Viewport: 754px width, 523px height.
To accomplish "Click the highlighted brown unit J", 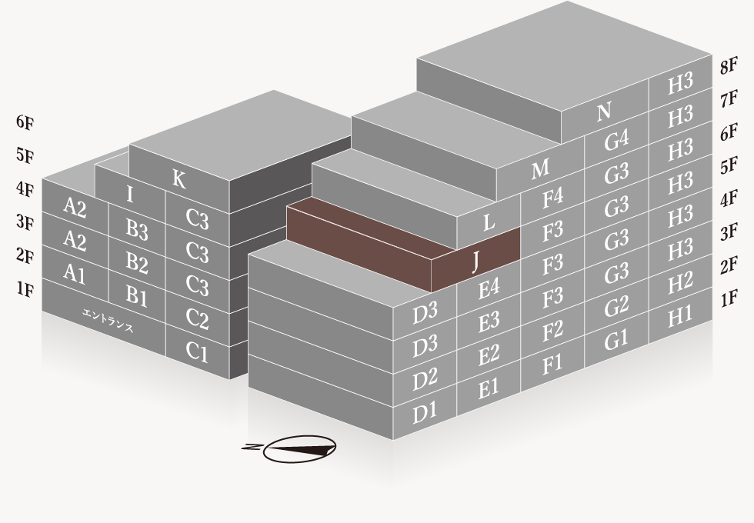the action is click(475, 261).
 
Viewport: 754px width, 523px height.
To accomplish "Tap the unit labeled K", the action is click(178, 179).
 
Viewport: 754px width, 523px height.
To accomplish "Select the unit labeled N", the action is click(604, 112).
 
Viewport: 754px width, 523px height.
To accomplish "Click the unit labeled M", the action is click(540, 168).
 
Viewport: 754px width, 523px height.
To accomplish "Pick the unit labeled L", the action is click(488, 222).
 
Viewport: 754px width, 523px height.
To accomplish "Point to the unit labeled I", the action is click(130, 194).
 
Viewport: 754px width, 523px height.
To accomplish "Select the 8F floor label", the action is click(729, 66).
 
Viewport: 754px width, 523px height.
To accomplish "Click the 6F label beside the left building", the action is click(25, 122).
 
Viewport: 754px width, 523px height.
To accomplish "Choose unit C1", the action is click(197, 351).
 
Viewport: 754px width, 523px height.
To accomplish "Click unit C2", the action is click(197, 318).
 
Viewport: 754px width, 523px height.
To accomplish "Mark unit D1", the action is click(425, 411).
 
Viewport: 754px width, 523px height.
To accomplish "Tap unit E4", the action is click(489, 288).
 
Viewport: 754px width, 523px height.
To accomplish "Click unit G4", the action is click(616, 141).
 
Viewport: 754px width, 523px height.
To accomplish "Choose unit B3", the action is click(137, 229).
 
